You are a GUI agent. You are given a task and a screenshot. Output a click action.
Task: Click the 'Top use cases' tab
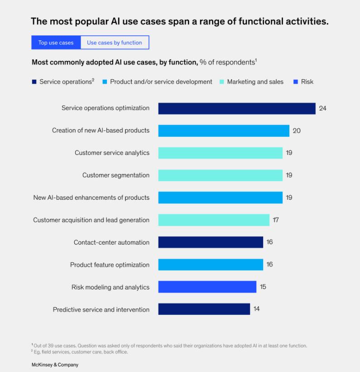[x=56, y=43]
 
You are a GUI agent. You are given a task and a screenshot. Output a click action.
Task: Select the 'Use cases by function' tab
[x=114, y=43]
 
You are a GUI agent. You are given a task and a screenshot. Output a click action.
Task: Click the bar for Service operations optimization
[x=236, y=108]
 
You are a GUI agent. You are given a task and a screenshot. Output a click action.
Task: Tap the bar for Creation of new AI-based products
[x=223, y=130]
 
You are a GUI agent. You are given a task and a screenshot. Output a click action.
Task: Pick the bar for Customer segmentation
[x=220, y=175]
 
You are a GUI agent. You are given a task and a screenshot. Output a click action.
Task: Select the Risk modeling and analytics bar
[x=207, y=287]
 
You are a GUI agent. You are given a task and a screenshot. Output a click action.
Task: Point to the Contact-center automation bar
[x=210, y=242]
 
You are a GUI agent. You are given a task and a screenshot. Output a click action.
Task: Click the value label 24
[x=322, y=108]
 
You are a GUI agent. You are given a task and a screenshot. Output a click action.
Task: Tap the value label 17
[x=276, y=220]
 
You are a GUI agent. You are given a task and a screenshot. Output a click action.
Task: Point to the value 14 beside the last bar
[x=256, y=309]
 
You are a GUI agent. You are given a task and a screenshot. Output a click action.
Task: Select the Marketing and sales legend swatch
[x=221, y=82]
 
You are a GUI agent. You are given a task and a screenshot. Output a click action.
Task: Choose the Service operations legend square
[x=34, y=82]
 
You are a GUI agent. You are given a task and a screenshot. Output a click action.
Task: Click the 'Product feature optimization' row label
[x=110, y=265]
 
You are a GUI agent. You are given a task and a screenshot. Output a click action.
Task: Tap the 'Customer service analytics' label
[x=112, y=153]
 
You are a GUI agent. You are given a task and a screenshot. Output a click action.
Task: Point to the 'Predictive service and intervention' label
[x=101, y=310]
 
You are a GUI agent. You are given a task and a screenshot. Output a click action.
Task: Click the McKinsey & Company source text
[x=55, y=364]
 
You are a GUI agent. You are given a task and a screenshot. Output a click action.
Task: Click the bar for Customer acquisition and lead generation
[x=214, y=220]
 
